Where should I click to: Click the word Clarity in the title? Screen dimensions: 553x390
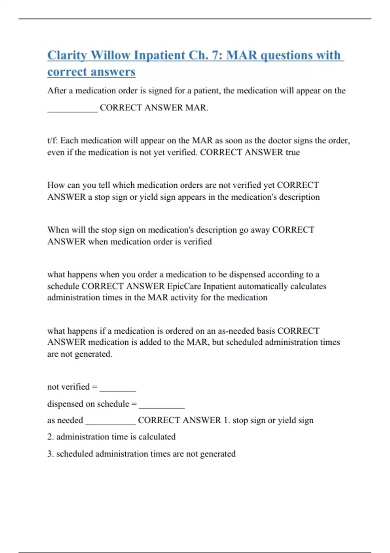point(67,55)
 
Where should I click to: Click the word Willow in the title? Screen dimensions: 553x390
point(110,55)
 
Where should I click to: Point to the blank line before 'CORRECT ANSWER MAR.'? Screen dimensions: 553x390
point(72,111)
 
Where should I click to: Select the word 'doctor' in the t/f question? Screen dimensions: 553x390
point(280,141)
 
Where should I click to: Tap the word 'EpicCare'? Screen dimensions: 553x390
point(184,286)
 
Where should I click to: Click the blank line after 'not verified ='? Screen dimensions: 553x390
point(118,390)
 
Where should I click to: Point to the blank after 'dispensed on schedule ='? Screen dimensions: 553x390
point(162,407)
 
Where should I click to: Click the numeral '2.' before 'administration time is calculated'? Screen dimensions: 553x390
point(50,437)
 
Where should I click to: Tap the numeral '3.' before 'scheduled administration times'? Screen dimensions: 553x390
point(50,453)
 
